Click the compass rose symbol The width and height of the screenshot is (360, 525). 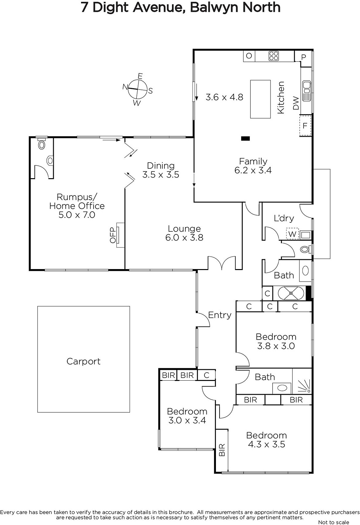[138, 89]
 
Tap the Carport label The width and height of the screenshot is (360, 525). [83, 361]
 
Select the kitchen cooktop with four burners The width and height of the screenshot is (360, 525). [273, 56]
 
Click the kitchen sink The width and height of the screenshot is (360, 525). [306, 91]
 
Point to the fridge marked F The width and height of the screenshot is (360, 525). [305, 126]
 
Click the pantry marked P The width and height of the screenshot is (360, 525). [304, 57]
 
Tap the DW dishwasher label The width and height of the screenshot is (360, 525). [296, 103]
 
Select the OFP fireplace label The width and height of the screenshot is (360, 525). [113, 235]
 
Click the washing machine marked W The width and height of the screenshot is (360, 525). [292, 234]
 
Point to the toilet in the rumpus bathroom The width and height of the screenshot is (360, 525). [42, 144]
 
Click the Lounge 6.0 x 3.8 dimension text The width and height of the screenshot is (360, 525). [184, 238]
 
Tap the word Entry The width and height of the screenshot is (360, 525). [220, 315]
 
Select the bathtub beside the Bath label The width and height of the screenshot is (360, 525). [291, 293]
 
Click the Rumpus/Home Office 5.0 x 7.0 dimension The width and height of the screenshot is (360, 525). [77, 215]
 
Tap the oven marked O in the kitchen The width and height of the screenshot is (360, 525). [249, 56]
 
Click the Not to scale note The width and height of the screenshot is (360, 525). [333, 522]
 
